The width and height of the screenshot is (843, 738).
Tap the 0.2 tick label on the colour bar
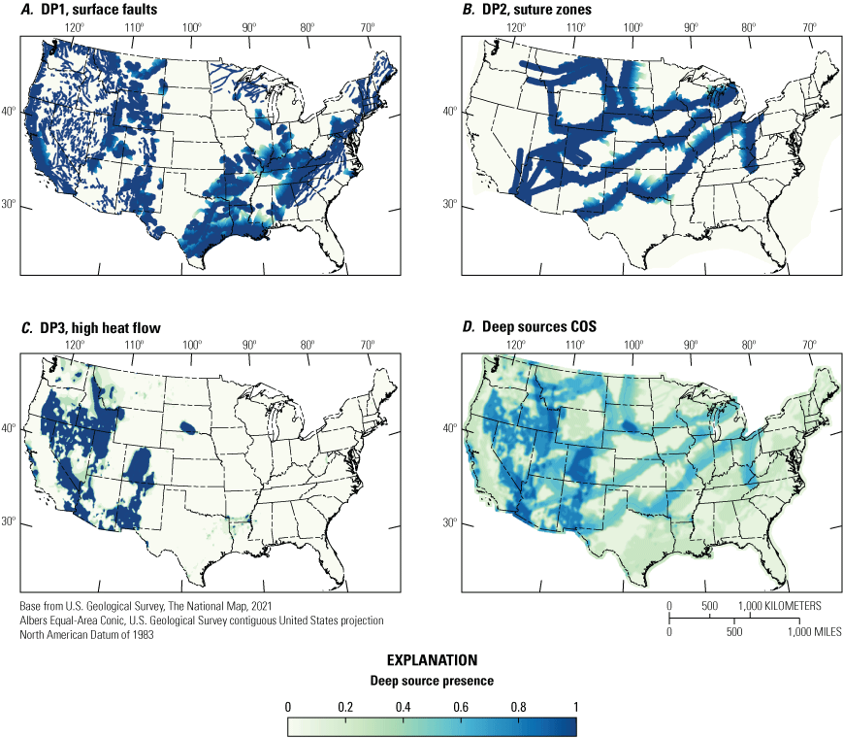click(345, 706)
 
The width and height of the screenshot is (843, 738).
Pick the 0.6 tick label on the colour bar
click(461, 706)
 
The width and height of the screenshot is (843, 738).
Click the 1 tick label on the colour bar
click(575, 706)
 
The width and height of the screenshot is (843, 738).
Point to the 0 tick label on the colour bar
click(288, 706)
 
